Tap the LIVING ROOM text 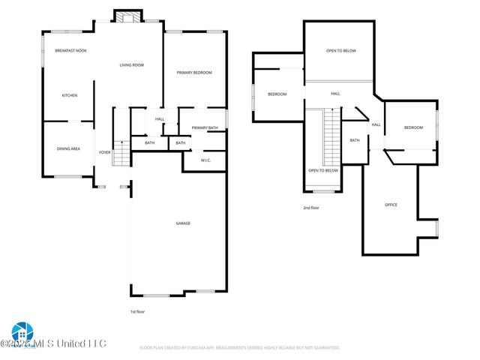click(131, 65)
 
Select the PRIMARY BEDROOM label click(194, 73)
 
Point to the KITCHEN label click(70, 95)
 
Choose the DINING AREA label click(68, 148)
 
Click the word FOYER click(104, 152)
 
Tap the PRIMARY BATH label click(204, 128)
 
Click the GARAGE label click(183, 223)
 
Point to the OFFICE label click(391, 205)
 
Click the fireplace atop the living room click(122, 16)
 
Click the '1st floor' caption click(138, 310)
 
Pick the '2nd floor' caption click(311, 207)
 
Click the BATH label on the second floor click(354, 140)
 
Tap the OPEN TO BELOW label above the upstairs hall click(340, 51)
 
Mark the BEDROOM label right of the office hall click(414, 127)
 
